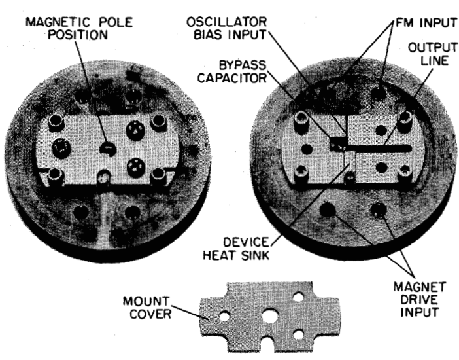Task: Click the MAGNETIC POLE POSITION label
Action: tap(79, 28)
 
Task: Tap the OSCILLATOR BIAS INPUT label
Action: tap(227, 28)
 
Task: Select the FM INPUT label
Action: tap(426, 23)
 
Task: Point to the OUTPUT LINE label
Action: tap(433, 54)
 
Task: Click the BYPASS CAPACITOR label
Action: tap(232, 71)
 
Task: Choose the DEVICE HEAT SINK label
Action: tap(235, 249)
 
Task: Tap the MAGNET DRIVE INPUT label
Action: tap(419, 300)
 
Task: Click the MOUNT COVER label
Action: tap(146, 308)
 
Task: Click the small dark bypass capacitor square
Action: tap(339, 143)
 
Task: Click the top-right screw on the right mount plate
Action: tap(405, 118)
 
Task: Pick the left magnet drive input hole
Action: tap(328, 209)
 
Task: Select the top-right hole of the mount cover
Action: tap(298, 297)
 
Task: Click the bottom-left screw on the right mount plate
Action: tap(301, 172)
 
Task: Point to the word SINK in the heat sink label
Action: tap(255, 255)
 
